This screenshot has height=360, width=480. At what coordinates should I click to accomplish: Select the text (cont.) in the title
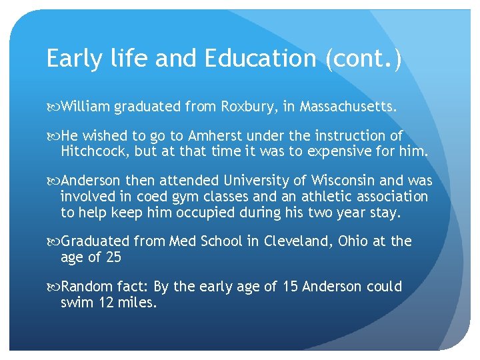[x=363, y=59]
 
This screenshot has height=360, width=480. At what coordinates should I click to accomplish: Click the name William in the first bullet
[x=85, y=107]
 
